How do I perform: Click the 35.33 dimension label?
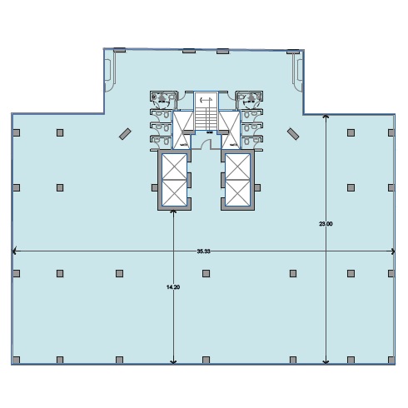click(x=203, y=251)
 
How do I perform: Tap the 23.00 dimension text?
click(x=326, y=224)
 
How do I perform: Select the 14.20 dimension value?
click(x=173, y=287)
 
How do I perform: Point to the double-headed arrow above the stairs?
click(x=206, y=99)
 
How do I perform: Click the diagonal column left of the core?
click(x=125, y=134)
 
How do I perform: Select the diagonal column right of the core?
click(x=293, y=134)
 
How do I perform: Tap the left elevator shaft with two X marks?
click(x=174, y=180)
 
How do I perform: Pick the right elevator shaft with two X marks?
click(x=238, y=180)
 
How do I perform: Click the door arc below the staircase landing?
click(x=206, y=142)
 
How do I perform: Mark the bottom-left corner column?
click(x=17, y=360)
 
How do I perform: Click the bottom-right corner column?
click(x=391, y=360)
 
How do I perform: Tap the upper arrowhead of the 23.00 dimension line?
click(x=326, y=117)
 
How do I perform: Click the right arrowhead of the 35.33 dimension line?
click(x=392, y=251)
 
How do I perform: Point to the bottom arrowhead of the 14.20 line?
click(x=173, y=361)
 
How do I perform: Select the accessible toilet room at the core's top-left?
click(x=163, y=100)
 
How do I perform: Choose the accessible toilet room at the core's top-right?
click(x=250, y=100)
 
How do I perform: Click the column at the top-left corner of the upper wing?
click(x=120, y=50)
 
